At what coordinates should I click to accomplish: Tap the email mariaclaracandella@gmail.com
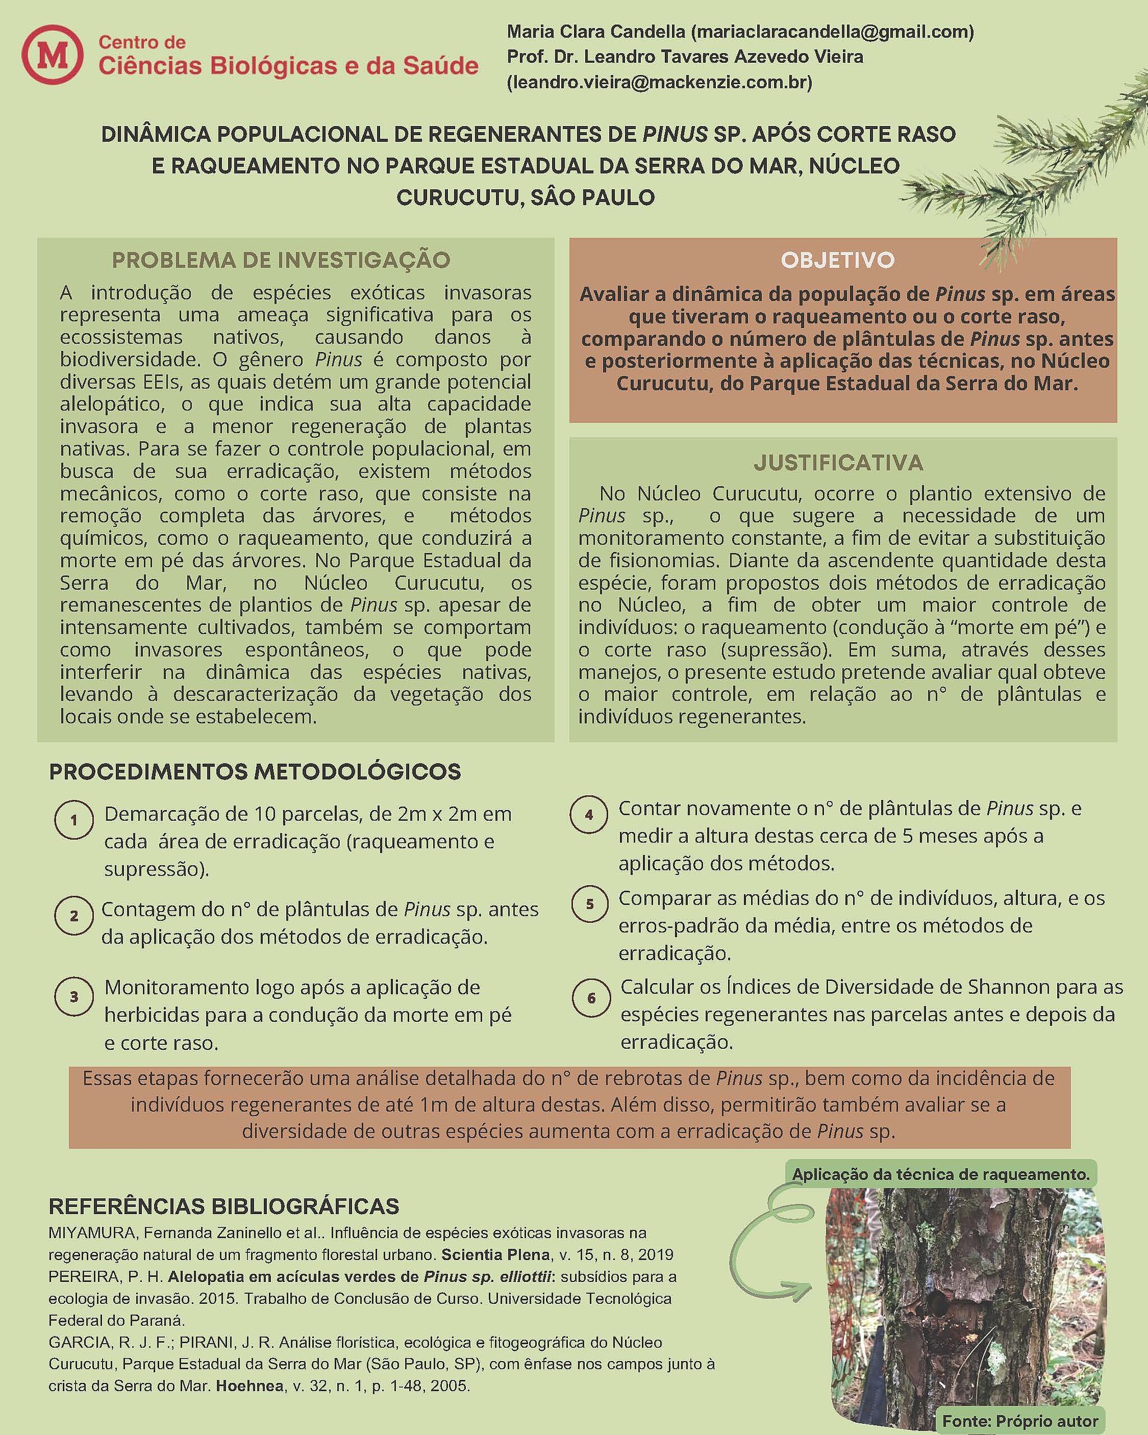coord(832,31)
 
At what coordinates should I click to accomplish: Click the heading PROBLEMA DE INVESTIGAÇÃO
coord(281,260)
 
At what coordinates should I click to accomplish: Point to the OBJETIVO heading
coord(837,260)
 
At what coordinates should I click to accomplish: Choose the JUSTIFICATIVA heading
coord(838,462)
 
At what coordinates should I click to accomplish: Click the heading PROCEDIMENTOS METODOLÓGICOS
coord(255,772)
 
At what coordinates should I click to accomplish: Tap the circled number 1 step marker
coord(74,820)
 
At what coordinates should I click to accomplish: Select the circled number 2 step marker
coord(74,915)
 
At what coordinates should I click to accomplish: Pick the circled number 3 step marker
coord(74,997)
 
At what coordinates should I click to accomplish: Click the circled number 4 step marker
coord(589,814)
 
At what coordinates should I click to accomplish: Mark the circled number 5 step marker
coord(590,904)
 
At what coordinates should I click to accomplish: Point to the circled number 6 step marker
coord(591,998)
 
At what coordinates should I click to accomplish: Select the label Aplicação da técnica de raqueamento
coord(941,1174)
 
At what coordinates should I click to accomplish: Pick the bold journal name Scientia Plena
coord(496,1255)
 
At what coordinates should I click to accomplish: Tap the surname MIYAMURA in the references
coord(91,1233)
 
